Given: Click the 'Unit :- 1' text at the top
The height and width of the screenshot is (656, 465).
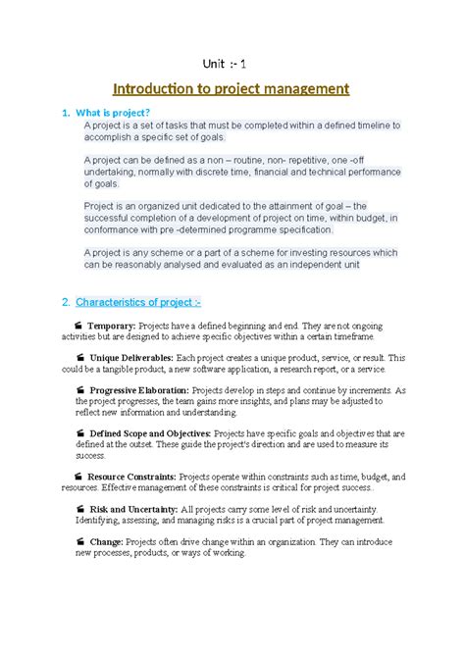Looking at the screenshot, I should pyautogui.click(x=232, y=64).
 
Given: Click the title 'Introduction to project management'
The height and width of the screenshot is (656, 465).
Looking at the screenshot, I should pyautogui.click(x=232, y=89).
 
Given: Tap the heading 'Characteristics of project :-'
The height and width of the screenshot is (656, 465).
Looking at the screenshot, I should pyautogui.click(x=138, y=300).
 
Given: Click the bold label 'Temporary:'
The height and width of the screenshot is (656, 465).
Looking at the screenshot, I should pyautogui.click(x=118, y=326).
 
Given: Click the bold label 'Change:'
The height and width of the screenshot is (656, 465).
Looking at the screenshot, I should pyautogui.click(x=109, y=542).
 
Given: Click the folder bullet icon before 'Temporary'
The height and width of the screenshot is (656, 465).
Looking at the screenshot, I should pyautogui.click(x=79, y=326).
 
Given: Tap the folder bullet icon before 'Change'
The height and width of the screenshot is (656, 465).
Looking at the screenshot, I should pyautogui.click(x=79, y=542).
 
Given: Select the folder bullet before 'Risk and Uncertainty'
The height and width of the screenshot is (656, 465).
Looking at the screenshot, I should pyautogui.click(x=79, y=510).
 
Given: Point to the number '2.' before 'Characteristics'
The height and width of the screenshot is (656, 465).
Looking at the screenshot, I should pyautogui.click(x=66, y=300).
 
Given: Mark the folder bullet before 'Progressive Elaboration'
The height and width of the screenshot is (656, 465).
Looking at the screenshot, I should pyautogui.click(x=79, y=390).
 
